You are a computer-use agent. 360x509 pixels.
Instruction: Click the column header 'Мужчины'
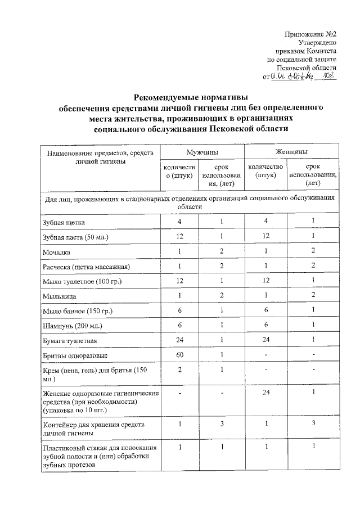point(202,152)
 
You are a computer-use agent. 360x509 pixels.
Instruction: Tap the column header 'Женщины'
point(291,152)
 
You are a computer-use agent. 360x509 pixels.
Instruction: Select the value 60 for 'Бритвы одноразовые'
point(179,355)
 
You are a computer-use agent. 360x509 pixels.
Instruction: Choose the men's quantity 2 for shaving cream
point(179,370)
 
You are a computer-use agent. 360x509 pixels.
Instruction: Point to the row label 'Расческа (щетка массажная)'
point(86,267)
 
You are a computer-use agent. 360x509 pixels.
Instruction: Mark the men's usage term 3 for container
point(223,422)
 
